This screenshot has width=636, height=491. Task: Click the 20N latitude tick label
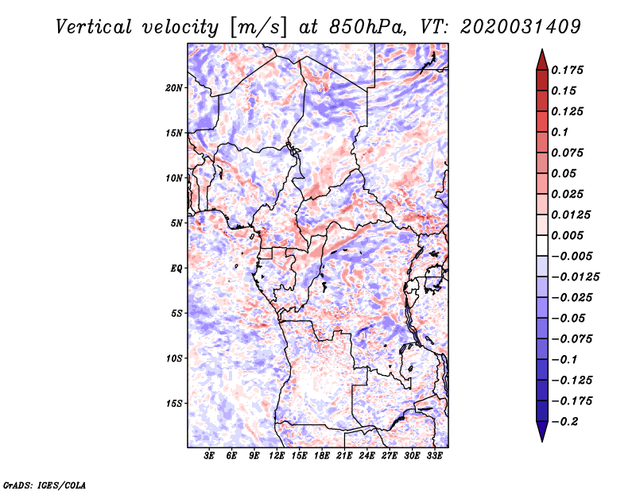coord(174,88)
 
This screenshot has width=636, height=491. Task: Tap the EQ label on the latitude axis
coord(176,269)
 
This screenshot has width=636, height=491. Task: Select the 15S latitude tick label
coord(174,404)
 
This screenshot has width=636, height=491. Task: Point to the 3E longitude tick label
coord(209,455)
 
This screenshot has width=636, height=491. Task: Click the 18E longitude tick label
coord(322,455)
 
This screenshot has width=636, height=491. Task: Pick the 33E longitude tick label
coord(434,455)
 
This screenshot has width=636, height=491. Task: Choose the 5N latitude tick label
coord(176,223)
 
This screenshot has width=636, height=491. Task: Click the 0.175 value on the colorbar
coord(567,70)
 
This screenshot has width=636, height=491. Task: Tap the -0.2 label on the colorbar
coord(564,422)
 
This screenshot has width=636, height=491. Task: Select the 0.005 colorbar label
coord(567,235)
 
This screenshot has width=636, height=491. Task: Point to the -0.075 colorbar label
coord(572,339)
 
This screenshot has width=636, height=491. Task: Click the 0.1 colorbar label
coord(560,132)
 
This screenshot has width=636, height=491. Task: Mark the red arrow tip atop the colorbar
coord(542,49)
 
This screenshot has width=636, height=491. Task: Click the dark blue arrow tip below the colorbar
coord(542,441)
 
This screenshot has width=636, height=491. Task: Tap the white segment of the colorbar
coord(542,246)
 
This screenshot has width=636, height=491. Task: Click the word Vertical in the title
coord(94,27)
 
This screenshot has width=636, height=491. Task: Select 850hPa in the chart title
coord(367,27)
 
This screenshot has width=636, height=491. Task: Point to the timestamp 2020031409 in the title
coord(521,27)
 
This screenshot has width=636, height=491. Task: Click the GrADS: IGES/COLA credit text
coord(45,485)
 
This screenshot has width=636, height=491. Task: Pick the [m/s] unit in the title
coord(258,28)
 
